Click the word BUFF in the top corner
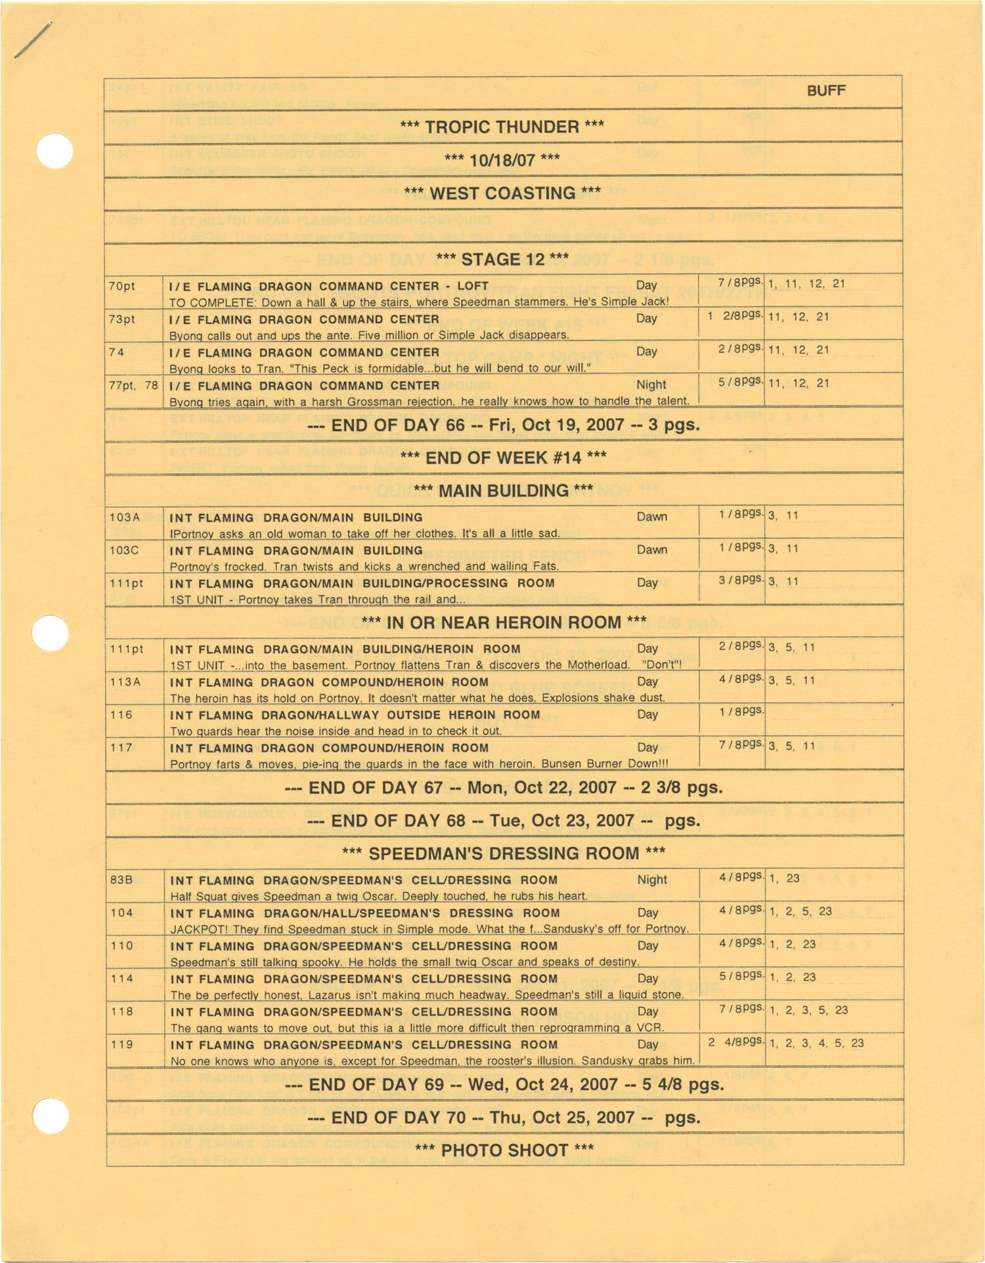[825, 91]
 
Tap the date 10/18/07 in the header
[502, 160]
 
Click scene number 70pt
[121, 287]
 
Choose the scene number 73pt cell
[121, 319]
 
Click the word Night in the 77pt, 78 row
[651, 385]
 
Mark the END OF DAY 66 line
[503, 425]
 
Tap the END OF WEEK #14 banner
[503, 457]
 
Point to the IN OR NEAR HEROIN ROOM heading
[504, 622]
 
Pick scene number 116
[121, 715]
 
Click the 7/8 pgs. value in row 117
[741, 745]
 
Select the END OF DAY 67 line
[504, 787]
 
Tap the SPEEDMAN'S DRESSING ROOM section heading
[504, 854]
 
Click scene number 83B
[121, 880]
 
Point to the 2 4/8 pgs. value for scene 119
[736, 1042]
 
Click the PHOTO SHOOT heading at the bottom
[504, 1150]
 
